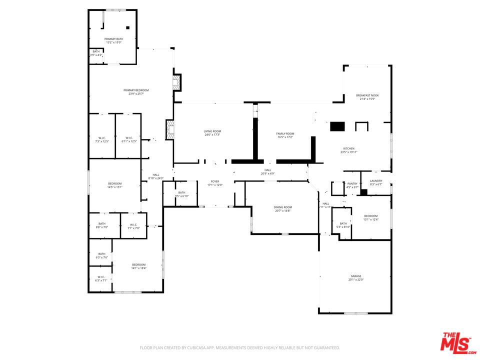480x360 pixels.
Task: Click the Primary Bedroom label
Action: click(136, 90)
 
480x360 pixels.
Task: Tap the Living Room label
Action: click(212, 131)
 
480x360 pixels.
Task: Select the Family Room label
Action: click(285, 133)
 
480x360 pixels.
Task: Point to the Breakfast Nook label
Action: click(367, 95)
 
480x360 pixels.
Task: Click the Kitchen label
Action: click(348, 148)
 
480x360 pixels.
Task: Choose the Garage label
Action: click(355, 276)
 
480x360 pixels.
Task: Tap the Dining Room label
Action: click(282, 207)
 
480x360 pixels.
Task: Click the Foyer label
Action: click(215, 181)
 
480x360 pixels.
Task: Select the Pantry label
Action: click(352, 183)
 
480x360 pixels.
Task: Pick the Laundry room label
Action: click(376, 180)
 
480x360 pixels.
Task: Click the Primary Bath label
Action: click(113, 38)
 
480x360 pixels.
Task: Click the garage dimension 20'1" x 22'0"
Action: click(355, 280)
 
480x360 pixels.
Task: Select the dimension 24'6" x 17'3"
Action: click(212, 135)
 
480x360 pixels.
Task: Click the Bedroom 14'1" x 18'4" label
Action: click(138, 264)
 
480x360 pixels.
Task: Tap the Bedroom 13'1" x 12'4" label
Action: click(371, 215)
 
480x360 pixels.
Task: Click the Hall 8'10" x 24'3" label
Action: click(156, 174)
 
